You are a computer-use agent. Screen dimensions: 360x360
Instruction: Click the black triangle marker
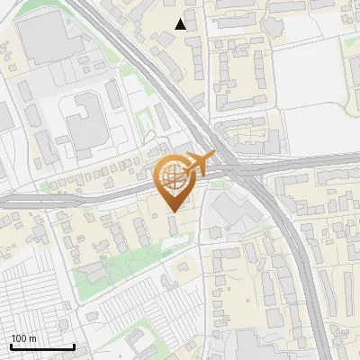tap(181, 24)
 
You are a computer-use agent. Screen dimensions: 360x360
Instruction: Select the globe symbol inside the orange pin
tap(173, 177)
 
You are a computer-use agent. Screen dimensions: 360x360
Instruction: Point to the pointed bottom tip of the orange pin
tap(174, 211)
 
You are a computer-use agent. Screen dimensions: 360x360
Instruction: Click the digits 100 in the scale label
tap(19, 338)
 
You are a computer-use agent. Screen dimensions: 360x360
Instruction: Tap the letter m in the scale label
tap(32, 338)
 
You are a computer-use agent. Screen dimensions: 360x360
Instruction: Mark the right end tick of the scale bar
tap(74, 345)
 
